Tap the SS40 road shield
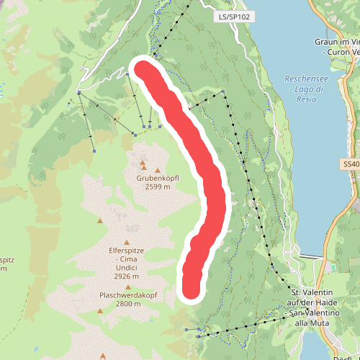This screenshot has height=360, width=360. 351,164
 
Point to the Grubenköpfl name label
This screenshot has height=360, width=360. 156,177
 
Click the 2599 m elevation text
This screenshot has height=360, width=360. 156,186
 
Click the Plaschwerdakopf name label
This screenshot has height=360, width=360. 130,295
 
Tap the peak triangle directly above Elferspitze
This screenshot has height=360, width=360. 127,243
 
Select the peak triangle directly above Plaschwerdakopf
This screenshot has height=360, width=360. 128,287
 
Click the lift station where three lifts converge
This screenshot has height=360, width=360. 135,134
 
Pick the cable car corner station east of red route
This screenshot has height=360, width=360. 223,91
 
